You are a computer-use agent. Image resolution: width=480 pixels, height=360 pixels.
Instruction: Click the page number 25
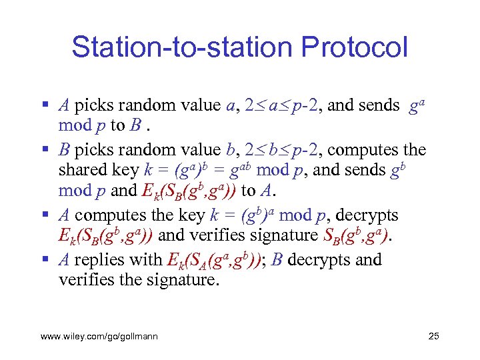(x=433, y=336)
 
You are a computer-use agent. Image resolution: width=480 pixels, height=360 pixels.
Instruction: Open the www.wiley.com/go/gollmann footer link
(x=99, y=336)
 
